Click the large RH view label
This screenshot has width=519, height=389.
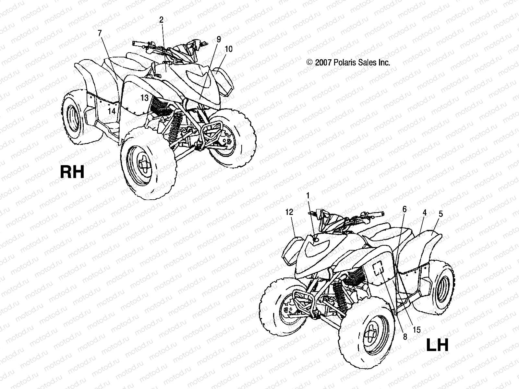tap(72, 171)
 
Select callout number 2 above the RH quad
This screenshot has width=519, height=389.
tap(161, 19)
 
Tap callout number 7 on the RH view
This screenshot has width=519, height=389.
tap(100, 32)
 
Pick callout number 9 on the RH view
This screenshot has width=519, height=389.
tap(219, 39)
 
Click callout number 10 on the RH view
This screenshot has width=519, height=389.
tap(228, 49)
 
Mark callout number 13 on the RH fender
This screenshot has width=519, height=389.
tap(144, 97)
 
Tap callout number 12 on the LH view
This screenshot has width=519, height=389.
tap(289, 212)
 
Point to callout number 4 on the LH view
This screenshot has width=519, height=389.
tap(424, 213)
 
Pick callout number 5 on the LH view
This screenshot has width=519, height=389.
tap(440, 214)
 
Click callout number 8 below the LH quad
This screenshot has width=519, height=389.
tap(405, 337)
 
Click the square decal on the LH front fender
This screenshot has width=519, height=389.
tap(378, 268)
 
